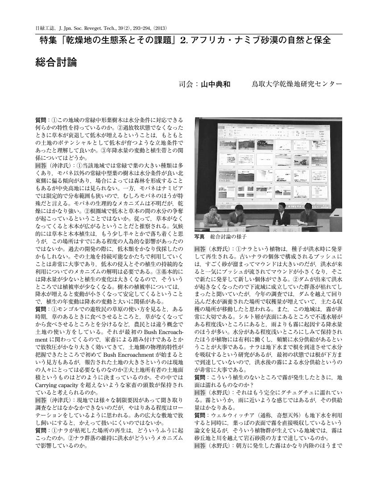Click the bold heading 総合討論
coord(56,62)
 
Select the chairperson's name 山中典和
coord(216,84)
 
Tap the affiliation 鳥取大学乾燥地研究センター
coord(297,84)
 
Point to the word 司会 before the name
coord(185,84)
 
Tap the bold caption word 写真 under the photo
coord(199,236)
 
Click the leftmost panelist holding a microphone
coord(211,218)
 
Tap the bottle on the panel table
coord(277,221)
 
